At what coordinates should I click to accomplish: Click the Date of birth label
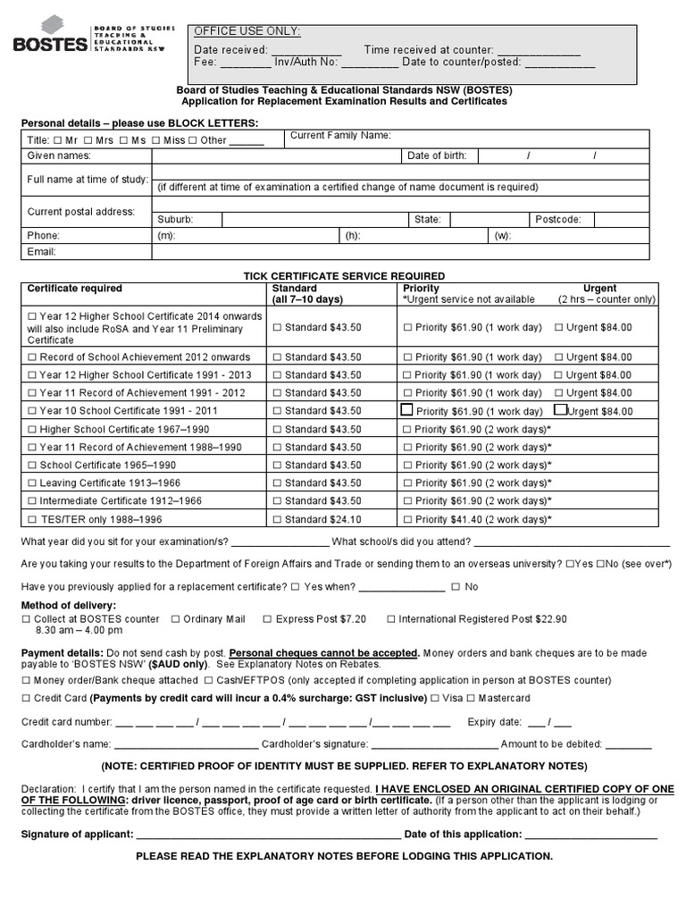[437, 155]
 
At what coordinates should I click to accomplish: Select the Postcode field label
[557, 219]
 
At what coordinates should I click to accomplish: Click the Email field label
[42, 252]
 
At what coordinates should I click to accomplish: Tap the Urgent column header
[599, 289]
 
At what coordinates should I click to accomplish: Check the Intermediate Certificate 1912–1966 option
[34, 501]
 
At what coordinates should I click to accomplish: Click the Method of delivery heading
[67, 605]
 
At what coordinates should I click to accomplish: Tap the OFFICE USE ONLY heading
[247, 31]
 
